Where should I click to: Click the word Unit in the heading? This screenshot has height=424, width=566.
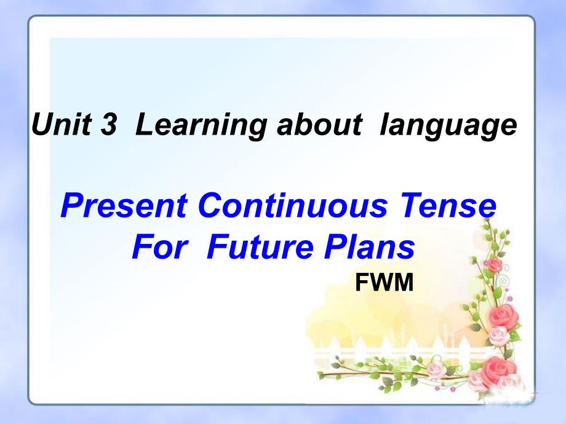pyautogui.click(x=62, y=124)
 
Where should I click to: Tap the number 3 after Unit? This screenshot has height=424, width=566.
pyautogui.click(x=109, y=124)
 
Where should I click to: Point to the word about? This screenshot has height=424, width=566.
pyautogui.click(x=319, y=124)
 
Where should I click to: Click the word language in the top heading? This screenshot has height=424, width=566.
pyautogui.click(x=448, y=125)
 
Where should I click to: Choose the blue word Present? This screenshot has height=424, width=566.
pyautogui.click(x=124, y=205)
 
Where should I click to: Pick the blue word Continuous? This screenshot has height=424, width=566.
pyautogui.click(x=292, y=205)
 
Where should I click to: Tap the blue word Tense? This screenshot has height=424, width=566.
pyautogui.click(x=448, y=205)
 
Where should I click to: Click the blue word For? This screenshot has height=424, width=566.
pyautogui.click(x=159, y=246)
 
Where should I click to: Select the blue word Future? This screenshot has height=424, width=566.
pyautogui.click(x=260, y=246)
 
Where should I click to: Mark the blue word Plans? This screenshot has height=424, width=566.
pyautogui.click(x=369, y=246)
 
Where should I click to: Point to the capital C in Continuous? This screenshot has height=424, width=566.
pyautogui.click(x=212, y=205)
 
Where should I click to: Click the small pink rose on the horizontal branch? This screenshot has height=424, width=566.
pyautogui.click(x=436, y=369)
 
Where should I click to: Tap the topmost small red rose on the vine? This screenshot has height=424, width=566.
pyautogui.click(x=493, y=265)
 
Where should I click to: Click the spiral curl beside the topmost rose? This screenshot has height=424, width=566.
pyautogui.click(x=504, y=269)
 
